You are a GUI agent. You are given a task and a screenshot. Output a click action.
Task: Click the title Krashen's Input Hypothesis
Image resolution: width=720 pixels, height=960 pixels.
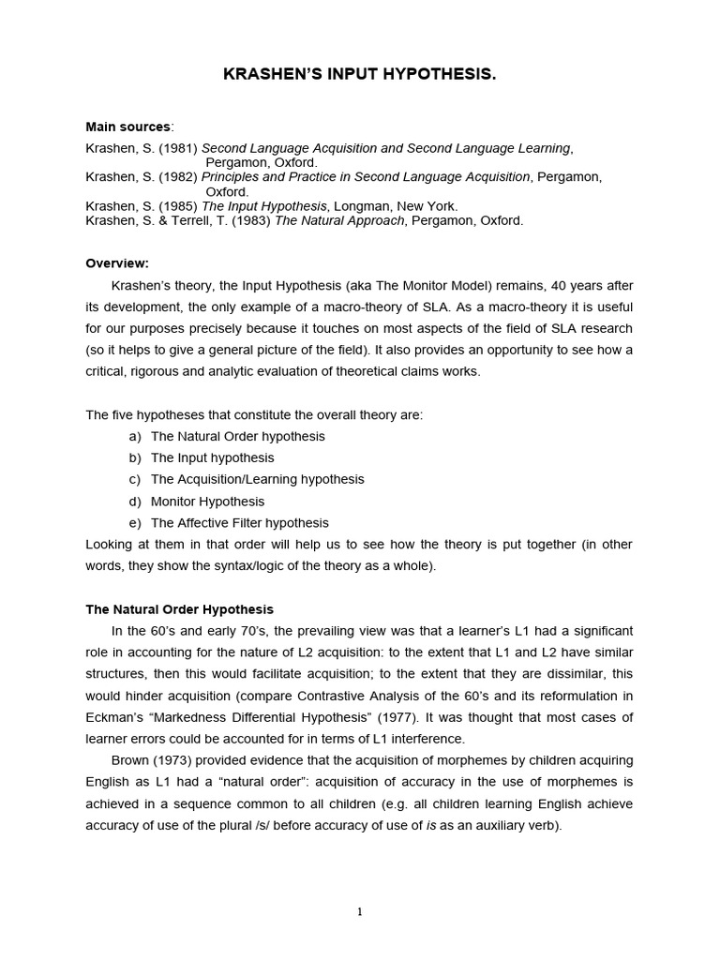[x=359, y=74]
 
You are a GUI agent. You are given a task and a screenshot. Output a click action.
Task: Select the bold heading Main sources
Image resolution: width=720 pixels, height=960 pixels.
[x=128, y=127]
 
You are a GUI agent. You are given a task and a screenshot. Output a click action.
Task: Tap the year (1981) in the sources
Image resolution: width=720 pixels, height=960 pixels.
[x=178, y=148]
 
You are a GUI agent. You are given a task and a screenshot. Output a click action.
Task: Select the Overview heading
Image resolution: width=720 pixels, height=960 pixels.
[x=117, y=263]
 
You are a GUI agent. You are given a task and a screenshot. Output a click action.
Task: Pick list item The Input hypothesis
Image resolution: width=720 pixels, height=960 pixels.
[x=213, y=458]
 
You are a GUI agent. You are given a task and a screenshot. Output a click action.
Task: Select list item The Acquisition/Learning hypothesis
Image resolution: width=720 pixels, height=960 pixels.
[x=257, y=480]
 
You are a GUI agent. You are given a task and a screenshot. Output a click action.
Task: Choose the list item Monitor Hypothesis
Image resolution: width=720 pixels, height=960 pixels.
[x=207, y=502]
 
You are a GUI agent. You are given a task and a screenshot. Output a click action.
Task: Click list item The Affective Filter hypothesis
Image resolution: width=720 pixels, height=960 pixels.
[x=239, y=523]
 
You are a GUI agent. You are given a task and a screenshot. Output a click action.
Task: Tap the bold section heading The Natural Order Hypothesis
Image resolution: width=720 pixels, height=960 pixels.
[x=179, y=609]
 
